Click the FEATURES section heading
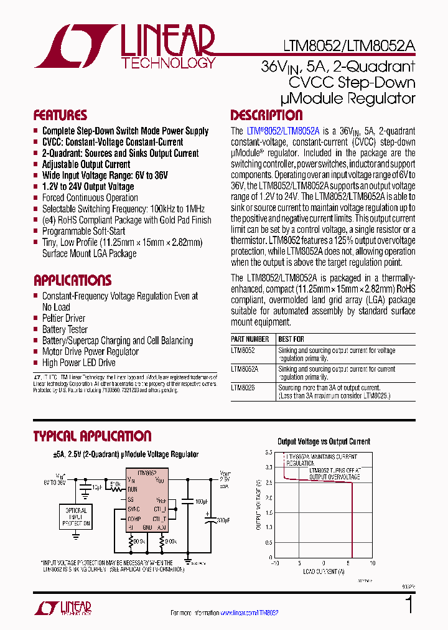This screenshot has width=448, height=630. click(60, 115)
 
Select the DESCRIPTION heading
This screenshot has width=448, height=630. click(266, 115)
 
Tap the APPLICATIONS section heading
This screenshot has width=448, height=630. click(73, 280)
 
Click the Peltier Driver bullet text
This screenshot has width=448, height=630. click(63, 318)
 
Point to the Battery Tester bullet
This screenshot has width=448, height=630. click(65, 329)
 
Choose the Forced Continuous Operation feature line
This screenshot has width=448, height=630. click(90, 198)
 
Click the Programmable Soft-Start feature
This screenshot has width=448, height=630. click(83, 231)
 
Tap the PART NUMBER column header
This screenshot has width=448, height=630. click(250, 339)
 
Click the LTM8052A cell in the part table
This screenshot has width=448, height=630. click(244, 369)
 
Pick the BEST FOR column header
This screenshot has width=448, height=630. click(291, 339)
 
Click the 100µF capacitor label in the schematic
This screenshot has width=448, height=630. click(201, 501)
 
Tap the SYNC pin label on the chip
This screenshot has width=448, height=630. click(133, 509)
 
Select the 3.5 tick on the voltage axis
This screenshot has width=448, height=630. click(268, 452)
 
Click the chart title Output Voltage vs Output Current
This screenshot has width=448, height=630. click(324, 441)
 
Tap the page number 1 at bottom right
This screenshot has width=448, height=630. click(409, 605)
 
